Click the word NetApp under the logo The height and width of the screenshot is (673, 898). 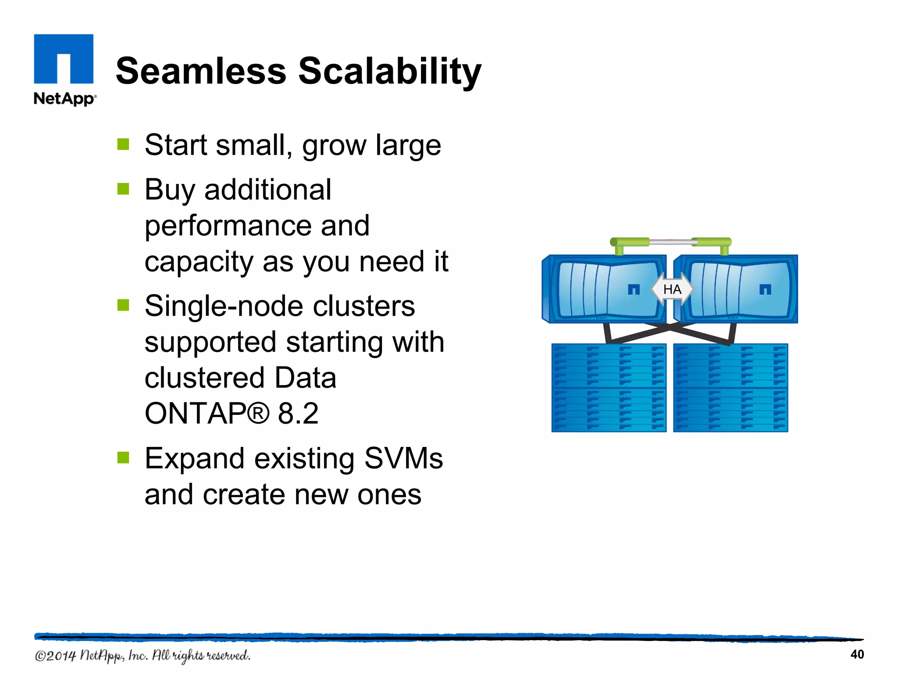[x=64, y=99]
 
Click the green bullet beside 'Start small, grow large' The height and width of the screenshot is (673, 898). [x=123, y=144]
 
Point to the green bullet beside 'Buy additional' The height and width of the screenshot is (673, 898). [x=123, y=189]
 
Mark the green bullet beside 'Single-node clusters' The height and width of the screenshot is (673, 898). [x=123, y=305]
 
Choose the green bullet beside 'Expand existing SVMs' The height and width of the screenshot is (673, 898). [x=123, y=457]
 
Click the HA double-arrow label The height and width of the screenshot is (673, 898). [x=672, y=289]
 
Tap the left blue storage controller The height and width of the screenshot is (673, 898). [x=604, y=289]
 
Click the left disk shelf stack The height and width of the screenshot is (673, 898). [x=609, y=388]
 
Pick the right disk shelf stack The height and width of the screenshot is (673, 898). [x=731, y=388]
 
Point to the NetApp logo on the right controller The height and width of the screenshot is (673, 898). [x=765, y=289]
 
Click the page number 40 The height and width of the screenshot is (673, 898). [x=857, y=654]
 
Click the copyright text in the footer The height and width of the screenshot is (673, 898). [x=143, y=655]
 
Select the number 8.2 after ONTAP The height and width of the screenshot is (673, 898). [x=298, y=413]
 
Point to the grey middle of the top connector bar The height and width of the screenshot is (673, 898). [x=671, y=242]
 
